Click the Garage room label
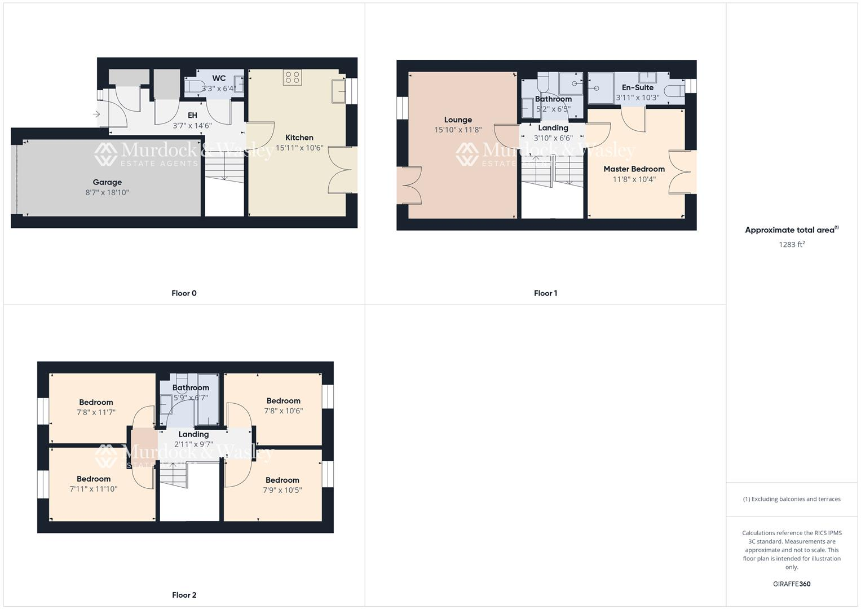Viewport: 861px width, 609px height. (x=107, y=182)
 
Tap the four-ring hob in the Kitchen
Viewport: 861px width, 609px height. (x=293, y=78)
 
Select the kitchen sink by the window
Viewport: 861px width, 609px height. (x=339, y=91)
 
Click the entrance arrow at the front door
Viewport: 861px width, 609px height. (x=96, y=114)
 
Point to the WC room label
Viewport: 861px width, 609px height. (x=219, y=78)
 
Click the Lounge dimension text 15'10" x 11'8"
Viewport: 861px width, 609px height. (x=458, y=130)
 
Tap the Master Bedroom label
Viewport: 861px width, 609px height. (x=634, y=169)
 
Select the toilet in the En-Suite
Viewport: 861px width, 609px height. (x=674, y=91)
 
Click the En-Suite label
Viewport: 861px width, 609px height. (x=638, y=87)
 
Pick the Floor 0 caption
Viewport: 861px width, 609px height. (x=184, y=293)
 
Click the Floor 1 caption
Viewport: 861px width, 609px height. (x=545, y=293)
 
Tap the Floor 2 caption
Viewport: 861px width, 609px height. (x=184, y=595)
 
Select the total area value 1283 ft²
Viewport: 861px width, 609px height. (x=792, y=244)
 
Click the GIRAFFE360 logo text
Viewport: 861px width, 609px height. (x=792, y=584)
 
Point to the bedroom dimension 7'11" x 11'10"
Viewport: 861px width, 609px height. (x=94, y=489)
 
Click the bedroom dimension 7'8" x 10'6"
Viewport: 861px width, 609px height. (x=283, y=411)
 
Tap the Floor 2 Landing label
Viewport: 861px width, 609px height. (x=193, y=434)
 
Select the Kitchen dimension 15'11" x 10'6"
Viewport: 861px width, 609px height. (x=299, y=148)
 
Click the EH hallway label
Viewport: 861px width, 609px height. (x=192, y=115)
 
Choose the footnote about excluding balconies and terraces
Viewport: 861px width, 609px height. (x=792, y=499)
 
